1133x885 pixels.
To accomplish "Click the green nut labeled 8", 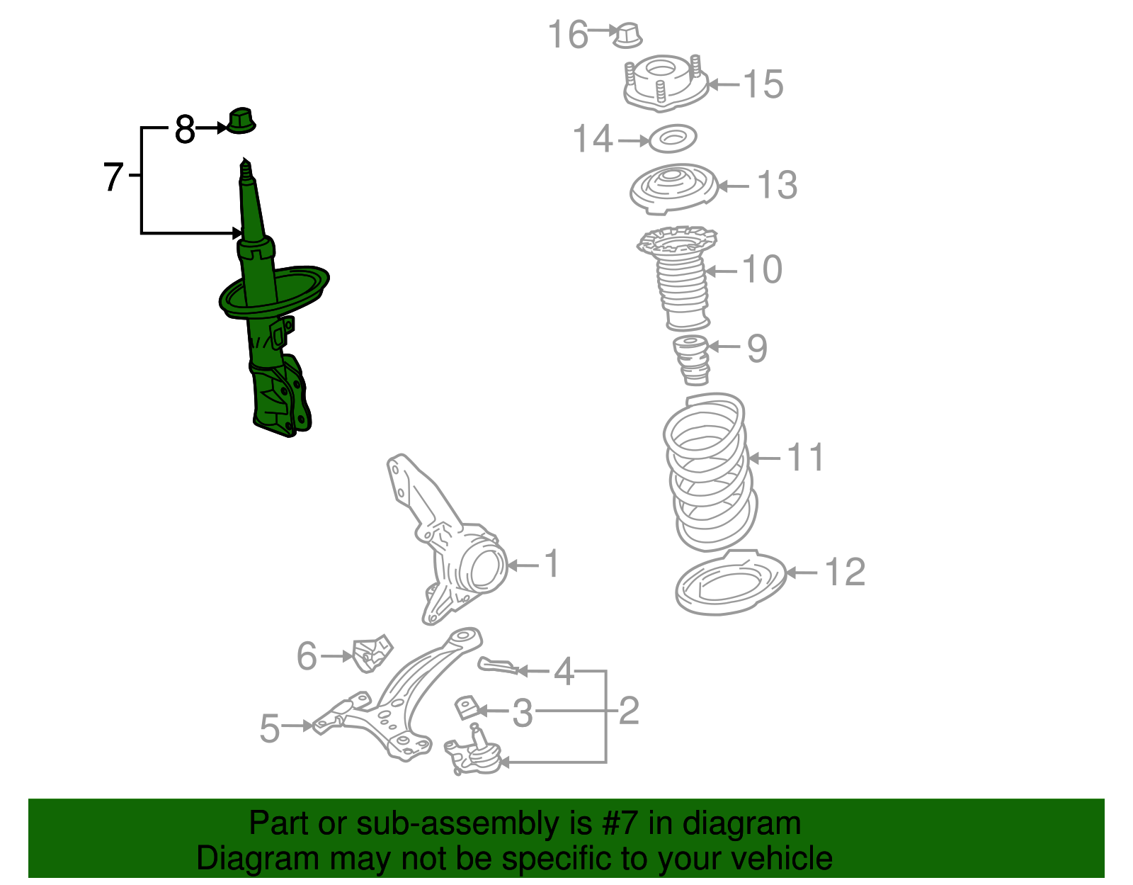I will pyautogui.click(x=241, y=121).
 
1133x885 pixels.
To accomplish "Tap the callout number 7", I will pyautogui.click(x=113, y=176).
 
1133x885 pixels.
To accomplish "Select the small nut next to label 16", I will pyautogui.click(x=626, y=35).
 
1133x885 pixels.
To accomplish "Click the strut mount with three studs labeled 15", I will pyautogui.click(x=665, y=83).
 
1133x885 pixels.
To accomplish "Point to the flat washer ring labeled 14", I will pyautogui.click(x=672, y=138).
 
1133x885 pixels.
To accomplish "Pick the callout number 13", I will pyautogui.click(x=777, y=186).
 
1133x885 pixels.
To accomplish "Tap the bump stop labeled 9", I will pyautogui.click(x=690, y=359).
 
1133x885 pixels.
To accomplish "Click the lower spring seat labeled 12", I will pyautogui.click(x=731, y=582).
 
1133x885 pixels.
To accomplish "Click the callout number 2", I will pyautogui.click(x=629, y=711).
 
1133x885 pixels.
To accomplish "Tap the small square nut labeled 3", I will pyautogui.click(x=465, y=707).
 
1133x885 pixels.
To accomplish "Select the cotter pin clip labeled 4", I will pyautogui.click(x=498, y=665).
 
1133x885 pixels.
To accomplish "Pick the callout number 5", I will pyautogui.click(x=270, y=728).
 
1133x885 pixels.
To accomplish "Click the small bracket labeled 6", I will pyautogui.click(x=371, y=653).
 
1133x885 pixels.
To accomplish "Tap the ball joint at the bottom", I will pyautogui.click(x=473, y=755).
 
